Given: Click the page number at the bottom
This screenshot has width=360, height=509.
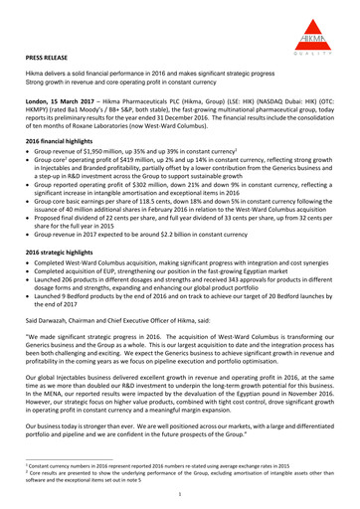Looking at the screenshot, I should click(x=180, y=492).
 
